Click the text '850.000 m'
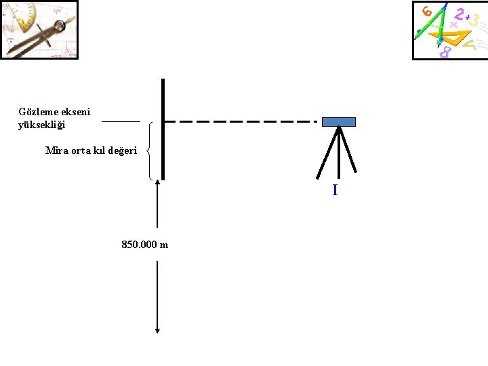(x=144, y=245)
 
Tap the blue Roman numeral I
(x=335, y=190)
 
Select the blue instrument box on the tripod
(x=338, y=122)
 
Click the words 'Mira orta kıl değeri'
(x=91, y=150)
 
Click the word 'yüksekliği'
(x=42, y=125)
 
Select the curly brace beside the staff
(x=150, y=150)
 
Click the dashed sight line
(x=241, y=122)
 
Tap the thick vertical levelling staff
(x=163, y=129)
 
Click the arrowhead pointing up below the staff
(x=157, y=182)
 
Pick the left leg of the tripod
(x=327, y=153)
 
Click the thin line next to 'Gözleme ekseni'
(x=121, y=122)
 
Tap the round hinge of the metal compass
(x=60, y=26)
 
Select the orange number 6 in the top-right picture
(x=427, y=12)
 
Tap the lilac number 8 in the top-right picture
(x=445, y=52)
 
